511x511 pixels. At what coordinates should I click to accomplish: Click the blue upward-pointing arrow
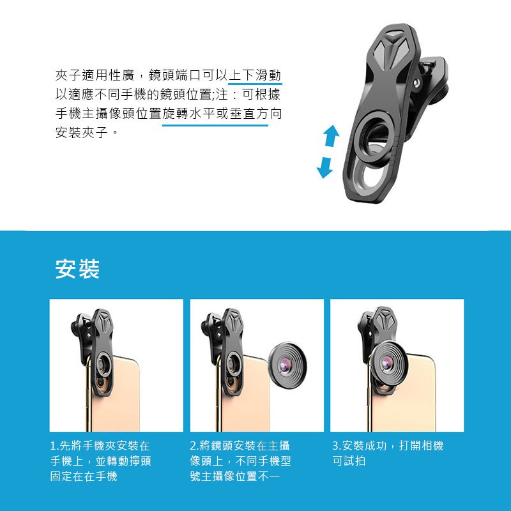click(x=332, y=135)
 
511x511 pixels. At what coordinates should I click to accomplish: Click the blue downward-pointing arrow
click(x=324, y=167)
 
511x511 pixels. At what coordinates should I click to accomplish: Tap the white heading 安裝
click(x=77, y=269)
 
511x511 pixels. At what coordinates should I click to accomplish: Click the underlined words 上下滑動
click(x=255, y=75)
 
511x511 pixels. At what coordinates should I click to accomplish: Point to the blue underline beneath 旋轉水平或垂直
click(x=215, y=125)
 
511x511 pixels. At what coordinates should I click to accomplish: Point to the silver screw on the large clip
click(x=416, y=83)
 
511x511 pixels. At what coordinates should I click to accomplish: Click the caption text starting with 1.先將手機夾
click(x=100, y=461)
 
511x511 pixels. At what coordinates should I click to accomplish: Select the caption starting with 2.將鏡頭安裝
click(x=240, y=461)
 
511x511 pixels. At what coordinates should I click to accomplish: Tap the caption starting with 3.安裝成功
click(x=388, y=453)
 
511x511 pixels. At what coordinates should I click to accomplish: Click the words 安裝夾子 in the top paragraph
click(x=82, y=132)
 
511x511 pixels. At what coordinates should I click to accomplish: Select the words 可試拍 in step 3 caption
click(x=349, y=461)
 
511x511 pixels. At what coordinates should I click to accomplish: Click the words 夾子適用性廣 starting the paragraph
click(x=95, y=75)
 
